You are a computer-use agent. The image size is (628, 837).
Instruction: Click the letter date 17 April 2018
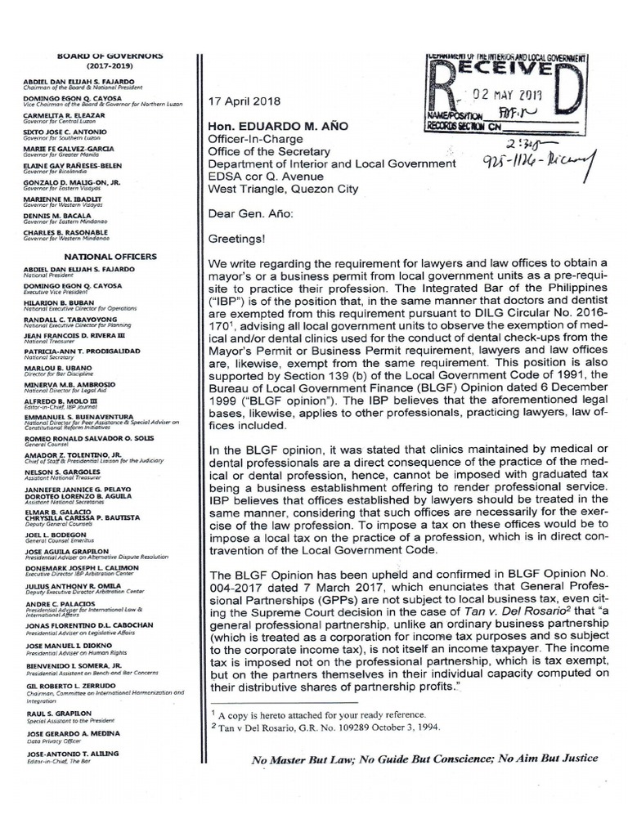pyautogui.click(x=244, y=101)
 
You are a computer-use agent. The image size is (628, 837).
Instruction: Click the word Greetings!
pyautogui.click(x=237, y=241)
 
